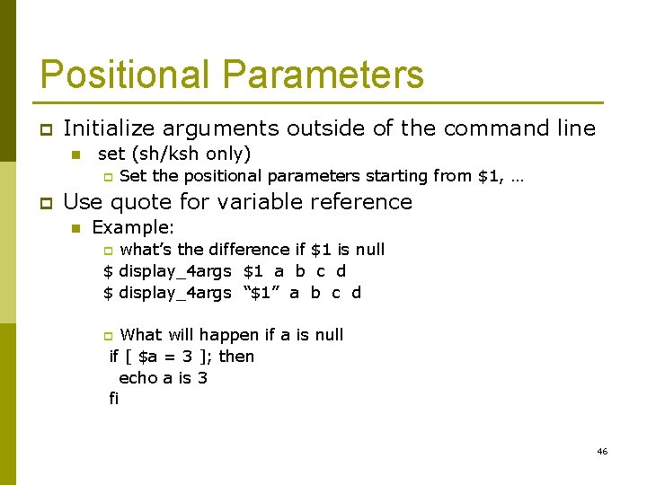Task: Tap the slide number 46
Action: [x=602, y=451]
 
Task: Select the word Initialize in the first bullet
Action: [x=105, y=128]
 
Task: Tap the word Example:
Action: [x=133, y=228]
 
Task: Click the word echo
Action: [x=137, y=378]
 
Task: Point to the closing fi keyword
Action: [x=113, y=399]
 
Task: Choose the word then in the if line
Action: [x=236, y=357]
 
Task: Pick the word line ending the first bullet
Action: [x=576, y=128]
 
